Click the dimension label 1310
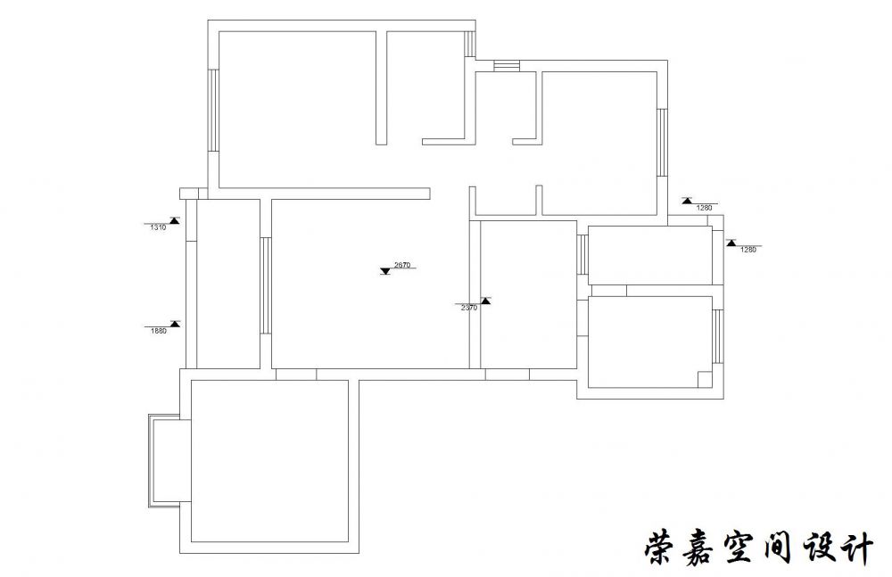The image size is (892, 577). [158, 227]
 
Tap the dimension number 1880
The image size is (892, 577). [158, 330]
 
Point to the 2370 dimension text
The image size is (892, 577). [469, 308]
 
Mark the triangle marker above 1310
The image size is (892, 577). [175, 220]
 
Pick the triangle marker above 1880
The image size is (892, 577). [175, 323]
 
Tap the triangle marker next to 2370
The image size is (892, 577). [485, 301]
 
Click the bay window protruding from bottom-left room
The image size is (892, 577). [166, 460]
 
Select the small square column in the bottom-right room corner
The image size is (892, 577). [704, 378]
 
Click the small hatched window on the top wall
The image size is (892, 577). [507, 65]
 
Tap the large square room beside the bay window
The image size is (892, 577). [269, 461]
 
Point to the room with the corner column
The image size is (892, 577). [650, 341]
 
